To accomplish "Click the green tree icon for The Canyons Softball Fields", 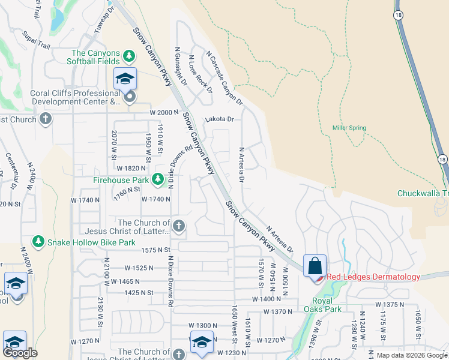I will point(128,56).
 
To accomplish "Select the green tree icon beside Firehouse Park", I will point(157,179).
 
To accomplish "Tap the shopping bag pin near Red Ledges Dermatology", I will point(315,265).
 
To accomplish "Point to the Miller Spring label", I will point(349,128).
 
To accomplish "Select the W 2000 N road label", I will point(164,113).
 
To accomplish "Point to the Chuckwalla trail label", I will point(423,193).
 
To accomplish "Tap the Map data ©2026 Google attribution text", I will point(412,355).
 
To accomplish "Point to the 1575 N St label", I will point(156,250).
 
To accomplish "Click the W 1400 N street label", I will point(267,299).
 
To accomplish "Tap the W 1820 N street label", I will point(131,169).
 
